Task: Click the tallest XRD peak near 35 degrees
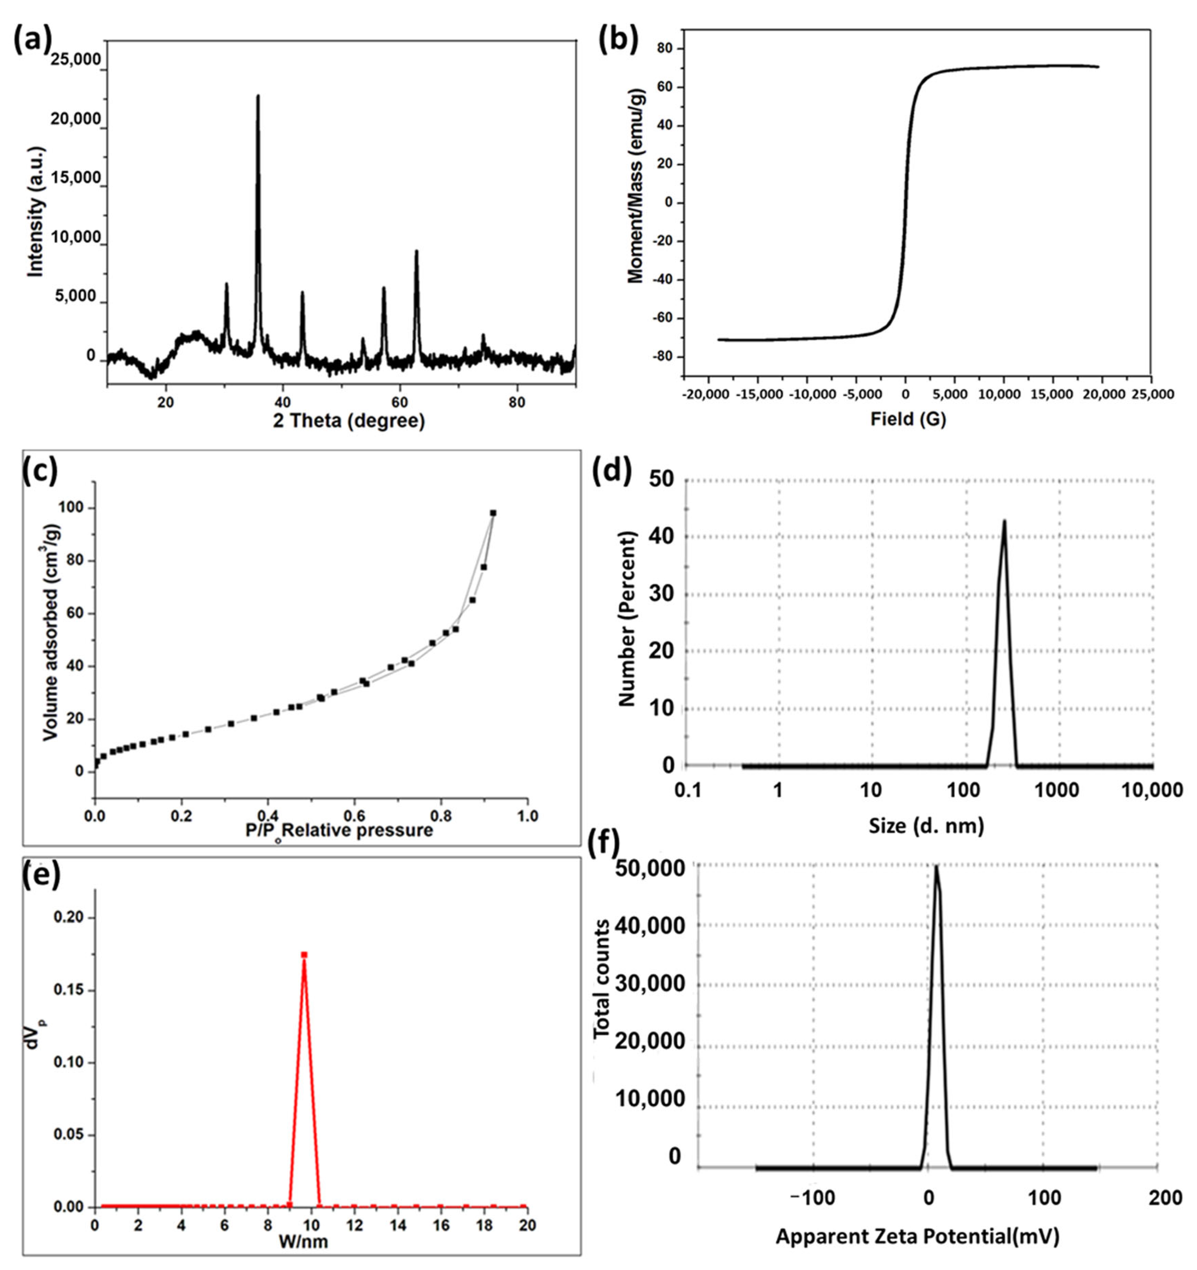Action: (258, 97)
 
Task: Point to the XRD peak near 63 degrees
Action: (416, 252)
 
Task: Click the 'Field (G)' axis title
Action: (908, 419)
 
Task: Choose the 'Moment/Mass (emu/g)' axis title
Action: (636, 185)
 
